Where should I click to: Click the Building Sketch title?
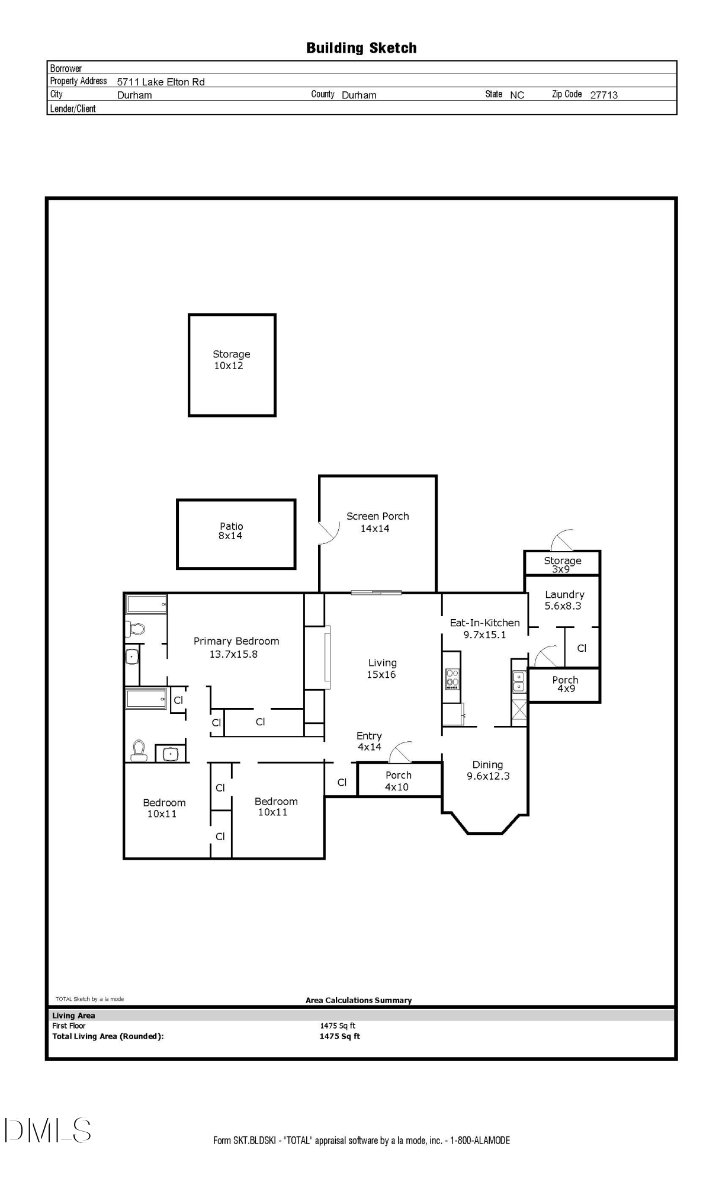click(x=361, y=48)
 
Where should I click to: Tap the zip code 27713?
click(x=604, y=95)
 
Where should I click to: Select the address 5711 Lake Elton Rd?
click(x=161, y=82)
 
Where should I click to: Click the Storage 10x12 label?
click(x=231, y=360)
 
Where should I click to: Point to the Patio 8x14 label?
click(x=231, y=531)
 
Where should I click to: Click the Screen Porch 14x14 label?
click(x=377, y=522)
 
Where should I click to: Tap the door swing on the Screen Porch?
click(x=328, y=532)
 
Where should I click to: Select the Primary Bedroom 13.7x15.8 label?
click(x=236, y=647)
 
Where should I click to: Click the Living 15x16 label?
click(x=381, y=668)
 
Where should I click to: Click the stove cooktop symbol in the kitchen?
click(x=452, y=678)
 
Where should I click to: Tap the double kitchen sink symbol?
click(x=519, y=681)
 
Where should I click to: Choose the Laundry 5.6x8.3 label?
click(x=564, y=600)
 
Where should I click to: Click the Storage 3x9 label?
click(x=562, y=564)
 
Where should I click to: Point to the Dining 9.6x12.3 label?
click(x=487, y=770)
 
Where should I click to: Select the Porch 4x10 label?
click(x=398, y=781)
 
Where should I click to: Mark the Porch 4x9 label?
click(x=565, y=684)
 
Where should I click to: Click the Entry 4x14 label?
click(x=369, y=741)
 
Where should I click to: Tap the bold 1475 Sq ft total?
click(x=339, y=1036)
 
